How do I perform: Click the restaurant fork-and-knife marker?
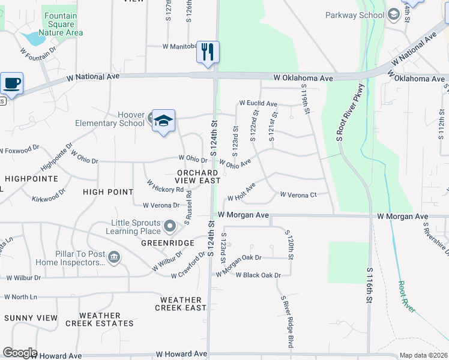click(x=208, y=52)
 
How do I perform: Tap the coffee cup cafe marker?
click(x=11, y=83)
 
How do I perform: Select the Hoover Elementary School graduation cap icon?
click(x=163, y=121)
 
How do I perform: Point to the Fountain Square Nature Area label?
click(x=60, y=25)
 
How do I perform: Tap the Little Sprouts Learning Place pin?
click(x=170, y=226)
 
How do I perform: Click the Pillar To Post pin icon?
click(x=113, y=258)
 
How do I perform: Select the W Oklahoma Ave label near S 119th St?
click(x=303, y=78)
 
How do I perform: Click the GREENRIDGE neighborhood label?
click(x=167, y=243)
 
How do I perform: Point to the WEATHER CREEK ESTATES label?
click(x=99, y=319)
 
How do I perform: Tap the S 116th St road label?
click(x=368, y=284)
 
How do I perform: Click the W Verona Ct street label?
click(x=298, y=194)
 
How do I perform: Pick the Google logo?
click(x=20, y=353)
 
